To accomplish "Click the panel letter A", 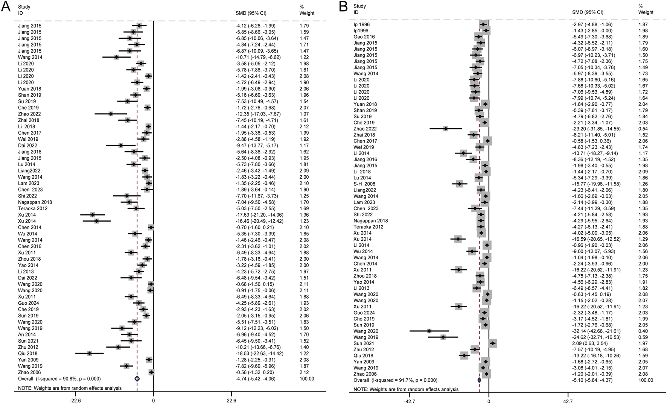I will (x=6, y=8).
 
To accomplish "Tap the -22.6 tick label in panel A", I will (x=76, y=400).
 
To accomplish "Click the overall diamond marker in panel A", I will (x=137, y=378).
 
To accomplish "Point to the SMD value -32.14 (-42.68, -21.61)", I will (x=594, y=331).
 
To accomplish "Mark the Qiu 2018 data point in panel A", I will (x=89, y=354).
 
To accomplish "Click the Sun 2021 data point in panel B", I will (x=492, y=343).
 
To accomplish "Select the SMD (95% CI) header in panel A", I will (x=251, y=13).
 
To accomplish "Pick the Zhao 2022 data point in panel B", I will (x=446, y=129).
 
